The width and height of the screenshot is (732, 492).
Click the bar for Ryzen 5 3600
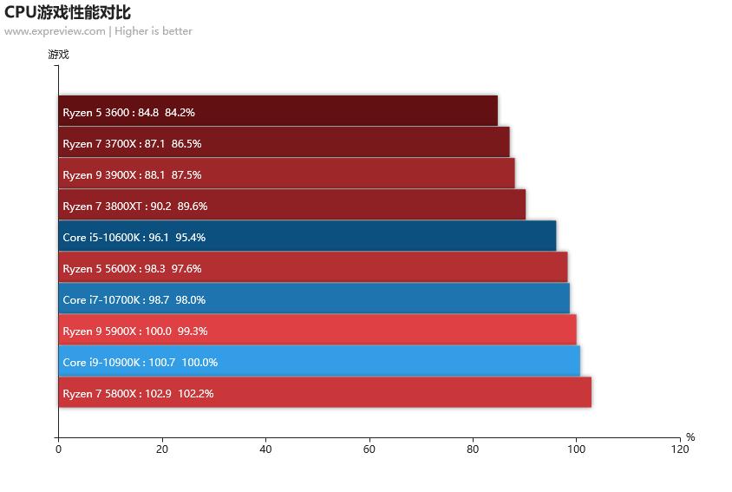(x=278, y=111)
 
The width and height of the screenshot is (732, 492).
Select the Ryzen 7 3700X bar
(x=284, y=142)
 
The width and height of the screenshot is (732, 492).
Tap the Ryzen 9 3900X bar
(x=286, y=174)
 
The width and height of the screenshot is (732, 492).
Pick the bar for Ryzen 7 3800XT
(x=291, y=205)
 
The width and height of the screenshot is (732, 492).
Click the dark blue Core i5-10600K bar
(x=307, y=236)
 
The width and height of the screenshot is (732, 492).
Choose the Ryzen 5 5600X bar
(x=312, y=267)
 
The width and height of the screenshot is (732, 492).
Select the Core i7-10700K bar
(x=314, y=298)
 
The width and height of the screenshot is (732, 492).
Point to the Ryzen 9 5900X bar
(x=317, y=330)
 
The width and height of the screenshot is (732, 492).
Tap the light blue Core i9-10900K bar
(x=319, y=361)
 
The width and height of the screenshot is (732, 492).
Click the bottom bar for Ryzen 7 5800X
(x=324, y=392)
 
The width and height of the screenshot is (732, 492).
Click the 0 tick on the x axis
(x=58, y=449)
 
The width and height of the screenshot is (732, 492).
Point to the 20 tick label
(x=162, y=449)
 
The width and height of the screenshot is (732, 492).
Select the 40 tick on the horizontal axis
(x=265, y=449)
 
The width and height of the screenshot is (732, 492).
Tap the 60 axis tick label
(x=369, y=449)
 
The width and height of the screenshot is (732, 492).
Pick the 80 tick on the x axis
(x=473, y=449)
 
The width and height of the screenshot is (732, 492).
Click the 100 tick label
(x=576, y=449)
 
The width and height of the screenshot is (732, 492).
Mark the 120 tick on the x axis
(x=680, y=449)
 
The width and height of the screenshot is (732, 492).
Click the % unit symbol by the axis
(x=690, y=437)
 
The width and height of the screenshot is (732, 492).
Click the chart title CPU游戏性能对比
(x=68, y=12)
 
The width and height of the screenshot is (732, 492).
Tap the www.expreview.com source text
(x=55, y=31)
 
